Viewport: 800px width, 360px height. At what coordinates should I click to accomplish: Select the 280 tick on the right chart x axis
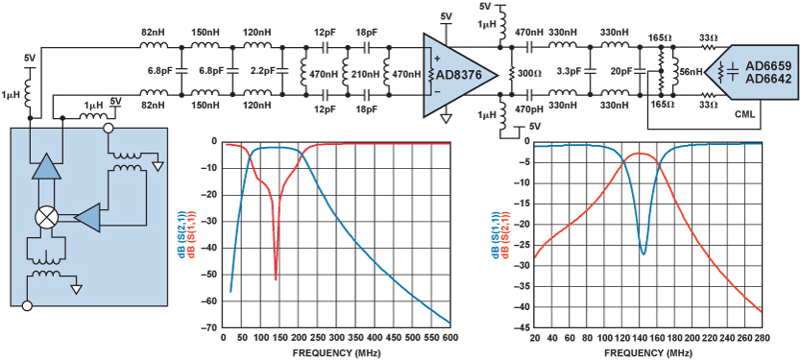tap(763, 337)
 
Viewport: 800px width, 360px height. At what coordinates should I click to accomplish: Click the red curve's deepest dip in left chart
tap(276, 278)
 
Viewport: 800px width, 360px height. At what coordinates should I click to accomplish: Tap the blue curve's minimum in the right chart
tap(642, 253)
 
